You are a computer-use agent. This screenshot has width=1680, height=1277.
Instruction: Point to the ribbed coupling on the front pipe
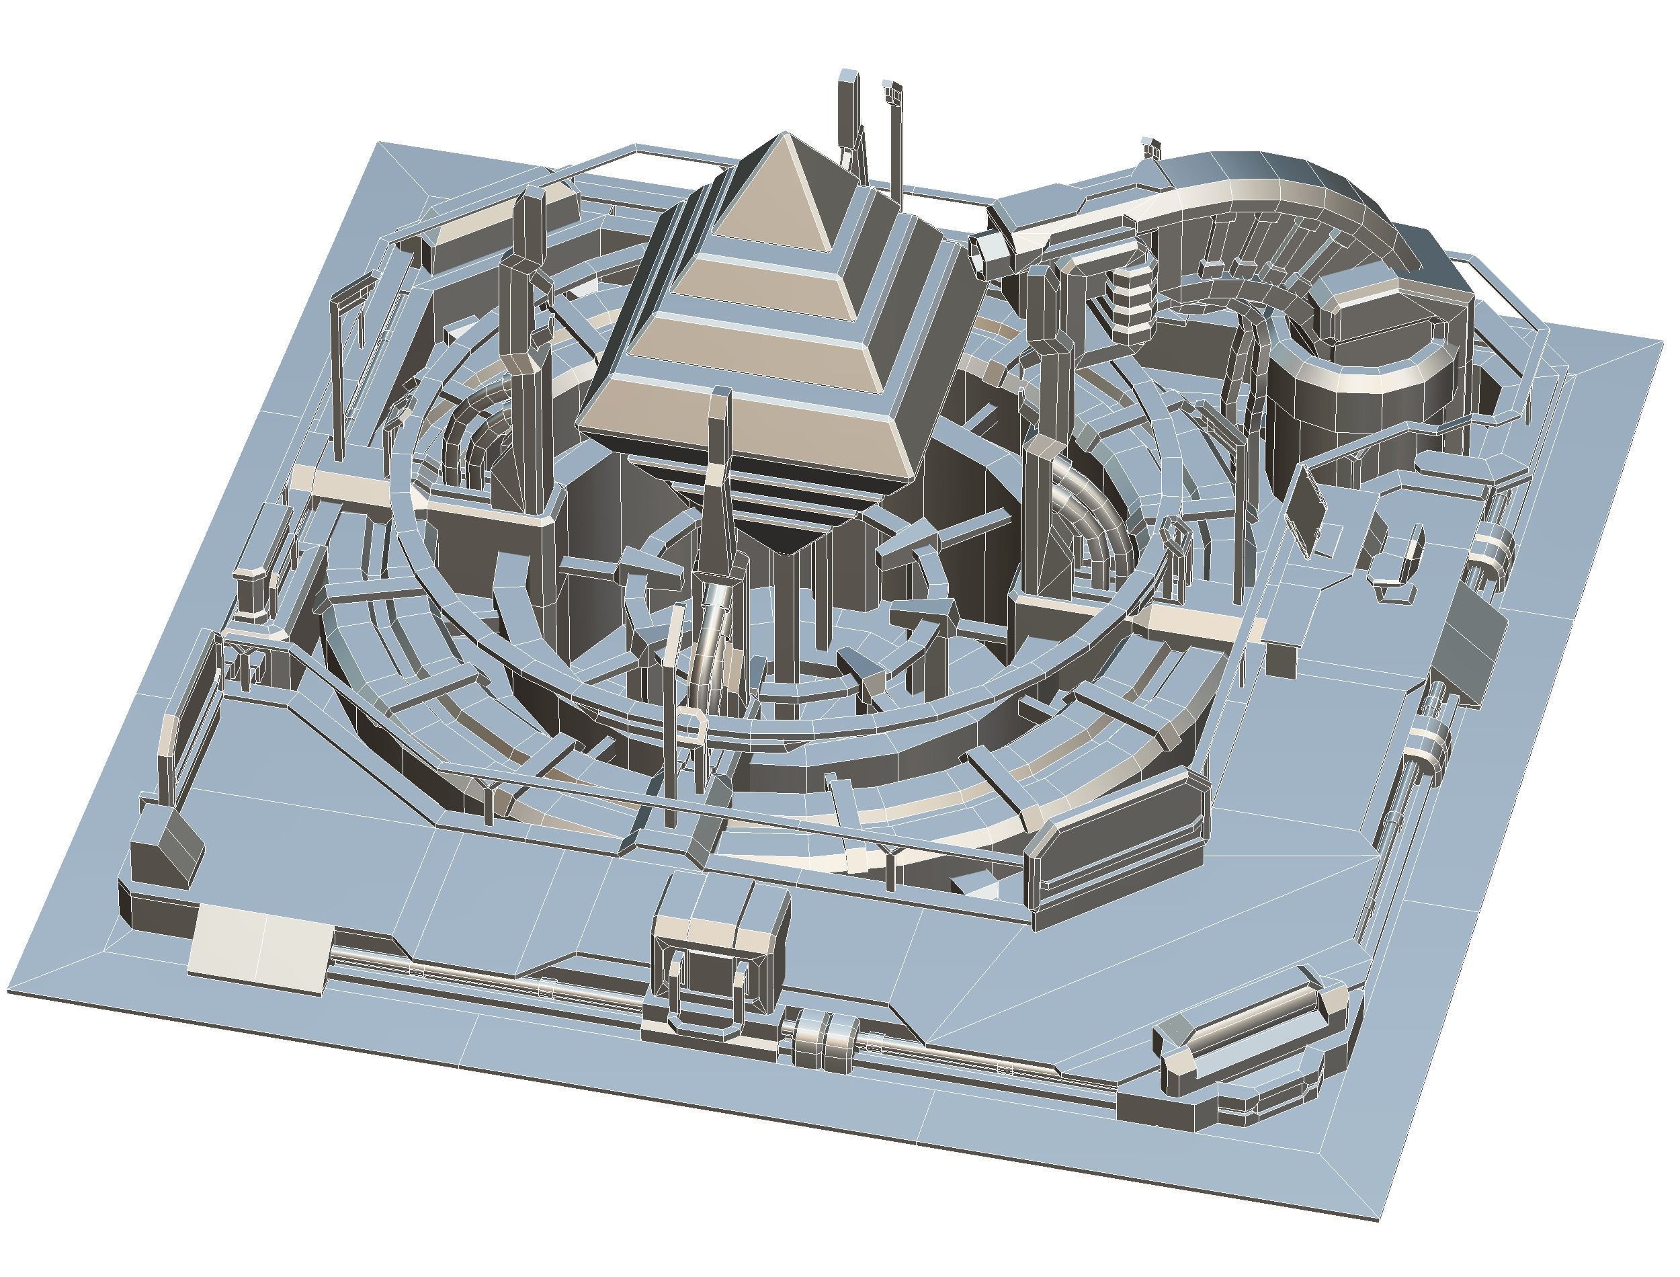click(x=825, y=1037)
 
